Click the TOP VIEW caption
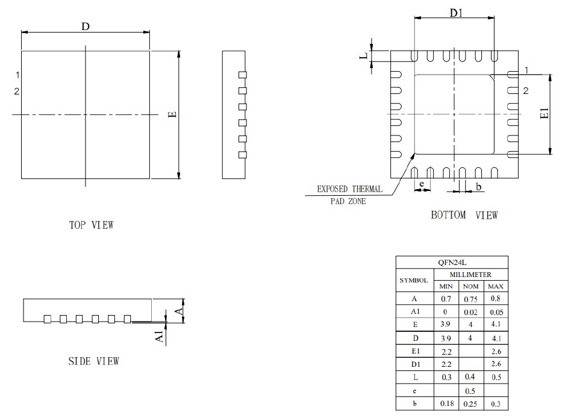[x=92, y=225]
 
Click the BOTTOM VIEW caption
[x=464, y=215]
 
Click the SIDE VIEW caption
[x=93, y=361]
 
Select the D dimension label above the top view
[x=86, y=26]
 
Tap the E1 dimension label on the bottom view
[x=544, y=114]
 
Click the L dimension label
[x=363, y=56]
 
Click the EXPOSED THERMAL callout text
[x=349, y=189]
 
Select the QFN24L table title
[x=451, y=263]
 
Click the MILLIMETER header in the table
[x=470, y=274]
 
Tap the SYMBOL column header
[x=414, y=280]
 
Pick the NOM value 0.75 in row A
[x=470, y=299]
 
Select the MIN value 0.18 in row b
[x=446, y=404]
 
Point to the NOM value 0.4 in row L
[x=470, y=378]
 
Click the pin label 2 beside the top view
[x=17, y=92]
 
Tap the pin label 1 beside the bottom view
[x=526, y=70]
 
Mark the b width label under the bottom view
[x=479, y=187]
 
